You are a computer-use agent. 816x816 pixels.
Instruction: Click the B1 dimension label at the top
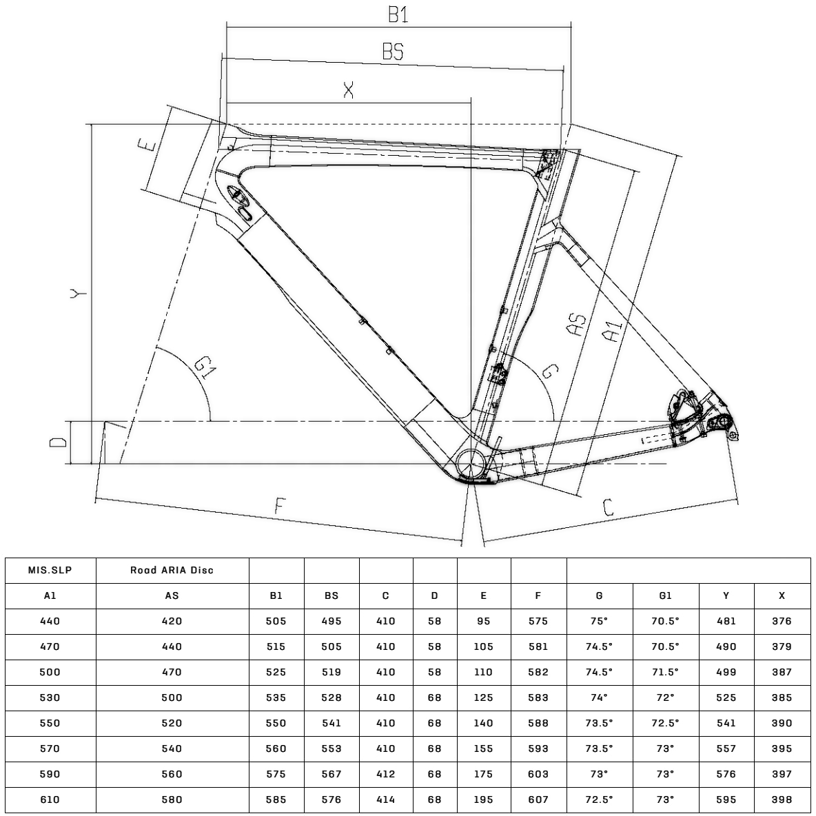click(398, 14)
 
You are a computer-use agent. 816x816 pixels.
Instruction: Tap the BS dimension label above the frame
click(393, 52)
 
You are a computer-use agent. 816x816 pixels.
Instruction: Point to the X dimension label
click(349, 90)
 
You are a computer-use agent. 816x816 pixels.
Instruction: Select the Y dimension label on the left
click(79, 294)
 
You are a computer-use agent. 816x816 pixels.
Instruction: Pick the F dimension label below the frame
click(280, 506)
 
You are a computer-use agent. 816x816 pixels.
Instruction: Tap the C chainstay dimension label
click(608, 507)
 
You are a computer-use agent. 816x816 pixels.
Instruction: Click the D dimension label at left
click(58, 442)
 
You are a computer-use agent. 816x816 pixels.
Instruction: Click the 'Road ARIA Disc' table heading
click(172, 571)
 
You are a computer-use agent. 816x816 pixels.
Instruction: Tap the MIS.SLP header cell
click(50, 571)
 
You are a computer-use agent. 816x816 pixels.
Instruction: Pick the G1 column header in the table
click(665, 596)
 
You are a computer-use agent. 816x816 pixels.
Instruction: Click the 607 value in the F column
click(538, 800)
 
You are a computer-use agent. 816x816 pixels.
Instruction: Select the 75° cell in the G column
click(599, 622)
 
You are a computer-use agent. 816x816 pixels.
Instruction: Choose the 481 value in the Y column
click(726, 622)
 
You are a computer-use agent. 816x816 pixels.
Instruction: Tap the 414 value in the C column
click(386, 800)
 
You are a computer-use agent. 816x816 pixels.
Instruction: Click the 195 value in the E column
click(483, 800)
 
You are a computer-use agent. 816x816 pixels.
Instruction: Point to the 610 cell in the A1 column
click(50, 800)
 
